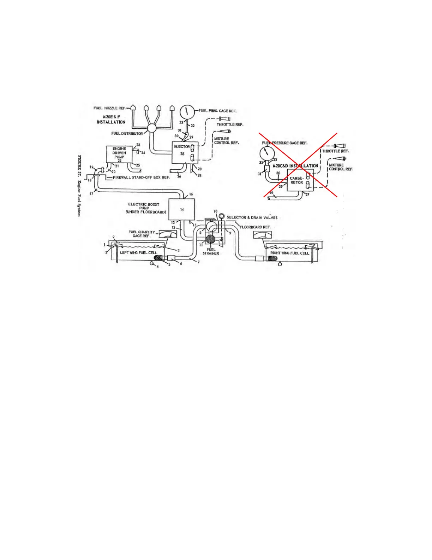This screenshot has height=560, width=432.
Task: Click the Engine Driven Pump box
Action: click(119, 154)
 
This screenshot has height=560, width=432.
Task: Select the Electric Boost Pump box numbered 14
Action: click(182, 209)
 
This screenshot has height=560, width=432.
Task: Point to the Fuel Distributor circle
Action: click(152, 128)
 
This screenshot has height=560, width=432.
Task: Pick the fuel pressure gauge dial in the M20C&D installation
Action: click(266, 154)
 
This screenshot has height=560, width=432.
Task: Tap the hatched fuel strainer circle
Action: click(211, 240)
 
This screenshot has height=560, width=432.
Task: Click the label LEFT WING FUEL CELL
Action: click(138, 252)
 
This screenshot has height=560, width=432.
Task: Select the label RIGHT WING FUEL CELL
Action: click(289, 253)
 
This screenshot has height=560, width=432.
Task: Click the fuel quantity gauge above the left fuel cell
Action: click(168, 234)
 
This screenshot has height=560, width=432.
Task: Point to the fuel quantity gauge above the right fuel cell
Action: click(263, 234)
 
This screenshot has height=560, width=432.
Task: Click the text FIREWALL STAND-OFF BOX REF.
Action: click(141, 177)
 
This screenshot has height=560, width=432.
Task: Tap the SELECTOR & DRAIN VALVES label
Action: click(252, 217)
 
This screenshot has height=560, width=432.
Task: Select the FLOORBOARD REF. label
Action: click(255, 227)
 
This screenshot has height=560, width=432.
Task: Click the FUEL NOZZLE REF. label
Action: click(109, 108)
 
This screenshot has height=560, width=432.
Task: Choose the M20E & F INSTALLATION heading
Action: click(111, 119)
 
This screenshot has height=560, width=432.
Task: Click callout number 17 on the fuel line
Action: click(91, 194)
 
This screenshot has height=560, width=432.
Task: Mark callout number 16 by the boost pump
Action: click(191, 194)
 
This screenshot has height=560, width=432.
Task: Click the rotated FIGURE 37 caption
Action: click(80, 186)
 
